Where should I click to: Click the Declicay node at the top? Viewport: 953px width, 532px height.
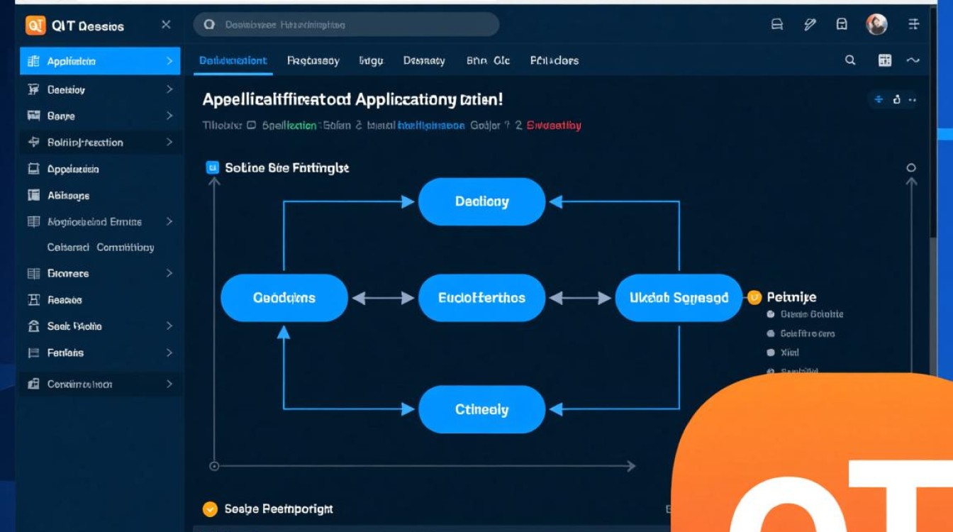[x=481, y=202]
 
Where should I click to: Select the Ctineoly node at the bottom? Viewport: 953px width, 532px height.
[x=481, y=409]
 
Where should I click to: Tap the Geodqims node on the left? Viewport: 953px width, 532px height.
[x=284, y=298]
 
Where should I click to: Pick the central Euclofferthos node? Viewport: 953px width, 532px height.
[x=481, y=298]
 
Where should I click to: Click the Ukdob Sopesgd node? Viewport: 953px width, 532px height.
[x=679, y=298]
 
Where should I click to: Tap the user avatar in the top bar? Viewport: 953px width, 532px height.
[x=876, y=25]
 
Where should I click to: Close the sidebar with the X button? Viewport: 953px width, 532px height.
[x=166, y=25]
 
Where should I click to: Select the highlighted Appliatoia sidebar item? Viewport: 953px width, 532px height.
[x=99, y=61]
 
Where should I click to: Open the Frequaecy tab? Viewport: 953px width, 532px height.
[x=313, y=61]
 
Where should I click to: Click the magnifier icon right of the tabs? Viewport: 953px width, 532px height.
[x=850, y=61]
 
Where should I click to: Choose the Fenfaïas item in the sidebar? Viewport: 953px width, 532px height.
[x=65, y=353]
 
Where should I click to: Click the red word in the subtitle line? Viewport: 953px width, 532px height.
[x=554, y=126]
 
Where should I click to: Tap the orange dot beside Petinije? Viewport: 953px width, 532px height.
[x=754, y=297]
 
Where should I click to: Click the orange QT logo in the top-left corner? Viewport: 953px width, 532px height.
[x=35, y=26]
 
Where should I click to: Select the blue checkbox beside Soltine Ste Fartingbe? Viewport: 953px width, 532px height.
[x=211, y=167]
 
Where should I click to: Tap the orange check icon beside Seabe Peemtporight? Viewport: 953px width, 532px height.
[x=209, y=509]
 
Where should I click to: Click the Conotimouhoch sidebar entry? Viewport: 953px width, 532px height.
[x=79, y=384]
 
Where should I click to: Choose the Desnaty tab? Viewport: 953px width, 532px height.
[x=424, y=61]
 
